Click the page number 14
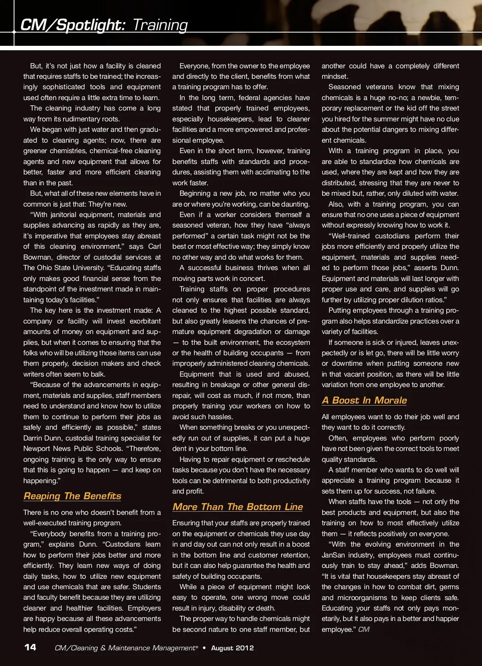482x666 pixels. tap(30, 647)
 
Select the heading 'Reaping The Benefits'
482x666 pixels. tap(72, 496)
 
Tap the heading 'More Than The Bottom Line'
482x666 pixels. tap(237, 507)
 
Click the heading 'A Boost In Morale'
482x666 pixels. tap(364, 400)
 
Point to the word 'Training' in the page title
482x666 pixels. tap(160, 25)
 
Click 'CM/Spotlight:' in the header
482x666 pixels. tap(73, 25)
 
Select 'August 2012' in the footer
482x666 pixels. tap(232, 648)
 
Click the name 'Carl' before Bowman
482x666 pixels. tap(154, 246)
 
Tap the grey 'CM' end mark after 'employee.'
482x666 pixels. tap(364, 629)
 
